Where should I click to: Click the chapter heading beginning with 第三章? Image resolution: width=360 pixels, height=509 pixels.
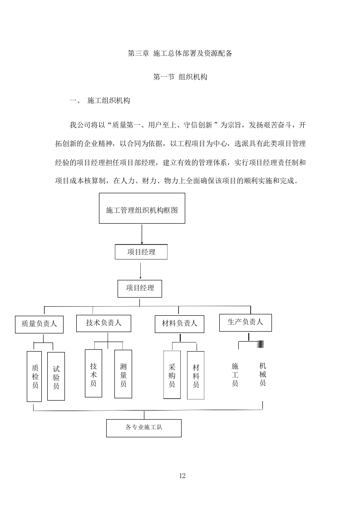tap(180, 54)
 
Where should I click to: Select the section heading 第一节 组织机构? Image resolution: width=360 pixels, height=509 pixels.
tap(180, 77)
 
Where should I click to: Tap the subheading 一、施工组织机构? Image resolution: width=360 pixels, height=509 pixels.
tap(100, 101)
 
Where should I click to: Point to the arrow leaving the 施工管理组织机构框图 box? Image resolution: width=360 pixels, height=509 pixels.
tap(142, 234)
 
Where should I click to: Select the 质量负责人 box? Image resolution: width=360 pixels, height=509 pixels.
tap(39, 324)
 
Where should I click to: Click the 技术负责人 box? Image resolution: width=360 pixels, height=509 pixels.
tap(104, 323)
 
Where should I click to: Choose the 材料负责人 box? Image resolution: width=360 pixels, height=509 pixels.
tap(179, 323)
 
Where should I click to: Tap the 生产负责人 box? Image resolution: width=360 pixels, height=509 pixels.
tap(245, 322)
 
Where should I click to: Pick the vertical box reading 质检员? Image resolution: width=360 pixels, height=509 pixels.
tap(35, 377)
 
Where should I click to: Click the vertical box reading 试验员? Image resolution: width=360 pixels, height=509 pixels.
tap(56, 377)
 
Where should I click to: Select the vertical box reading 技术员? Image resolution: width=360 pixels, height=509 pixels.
tap(93, 373)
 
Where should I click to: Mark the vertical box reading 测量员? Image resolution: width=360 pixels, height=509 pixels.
tap(123, 374)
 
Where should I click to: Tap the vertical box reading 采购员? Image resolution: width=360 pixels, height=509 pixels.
tap(172, 375)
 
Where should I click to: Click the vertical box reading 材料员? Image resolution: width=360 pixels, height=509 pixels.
tap(196, 375)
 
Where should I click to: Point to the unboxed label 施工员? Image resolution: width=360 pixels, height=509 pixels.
tap(235, 374)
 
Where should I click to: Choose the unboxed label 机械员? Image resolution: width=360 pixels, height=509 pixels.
tap(262, 374)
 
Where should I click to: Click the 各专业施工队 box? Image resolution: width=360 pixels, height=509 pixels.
tap(143, 428)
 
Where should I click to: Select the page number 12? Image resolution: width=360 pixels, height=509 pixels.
tap(182, 476)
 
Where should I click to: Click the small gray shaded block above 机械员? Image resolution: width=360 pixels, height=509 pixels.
tap(261, 344)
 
